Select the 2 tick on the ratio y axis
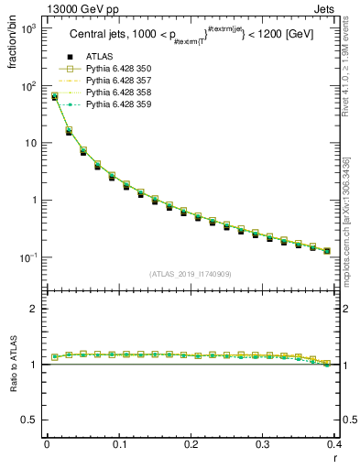click(x=34, y=309)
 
